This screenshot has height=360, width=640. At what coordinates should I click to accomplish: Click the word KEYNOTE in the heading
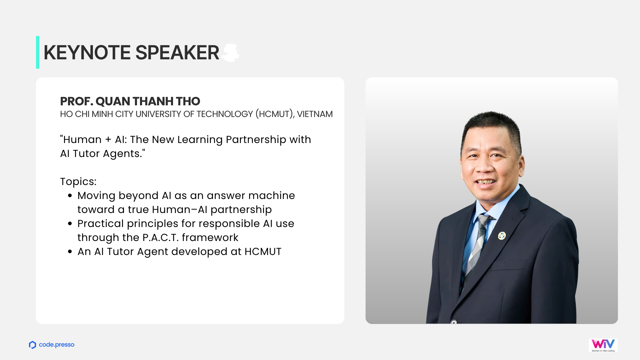(87, 53)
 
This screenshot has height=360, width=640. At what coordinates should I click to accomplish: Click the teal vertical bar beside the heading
(38, 52)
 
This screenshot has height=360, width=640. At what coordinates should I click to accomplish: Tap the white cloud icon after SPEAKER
(231, 53)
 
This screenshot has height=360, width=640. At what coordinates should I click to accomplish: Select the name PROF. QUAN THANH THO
(130, 101)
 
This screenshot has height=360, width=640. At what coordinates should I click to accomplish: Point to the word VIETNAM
(315, 114)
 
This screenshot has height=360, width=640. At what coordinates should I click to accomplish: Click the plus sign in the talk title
(108, 140)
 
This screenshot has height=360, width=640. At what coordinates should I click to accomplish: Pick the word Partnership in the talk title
(256, 140)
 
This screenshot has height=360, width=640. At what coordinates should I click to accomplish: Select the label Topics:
(78, 182)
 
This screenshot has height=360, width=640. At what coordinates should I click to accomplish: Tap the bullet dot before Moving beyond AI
(70, 196)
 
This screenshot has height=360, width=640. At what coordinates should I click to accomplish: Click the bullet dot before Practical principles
(70, 224)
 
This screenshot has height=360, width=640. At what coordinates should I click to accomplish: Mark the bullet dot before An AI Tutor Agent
(70, 252)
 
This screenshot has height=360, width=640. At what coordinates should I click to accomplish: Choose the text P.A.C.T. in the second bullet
(160, 238)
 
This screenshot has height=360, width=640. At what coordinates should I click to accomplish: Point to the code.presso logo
(52, 345)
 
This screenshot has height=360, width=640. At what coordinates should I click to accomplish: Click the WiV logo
(603, 345)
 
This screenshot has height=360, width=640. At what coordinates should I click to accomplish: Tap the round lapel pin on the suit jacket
(502, 236)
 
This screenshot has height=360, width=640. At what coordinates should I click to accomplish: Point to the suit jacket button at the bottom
(454, 322)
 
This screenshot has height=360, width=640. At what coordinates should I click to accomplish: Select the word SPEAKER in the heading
(177, 53)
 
